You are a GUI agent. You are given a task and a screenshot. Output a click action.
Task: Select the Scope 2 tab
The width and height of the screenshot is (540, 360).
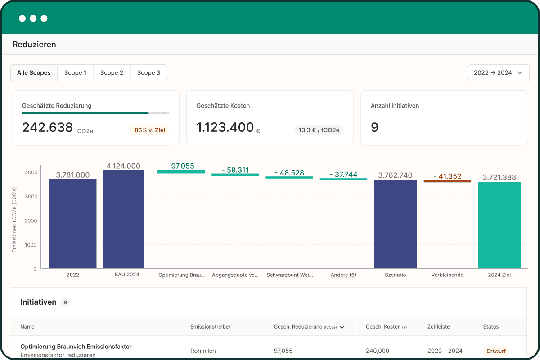click(x=112, y=72)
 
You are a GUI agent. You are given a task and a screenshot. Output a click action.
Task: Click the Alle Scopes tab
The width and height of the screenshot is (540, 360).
click(x=34, y=72)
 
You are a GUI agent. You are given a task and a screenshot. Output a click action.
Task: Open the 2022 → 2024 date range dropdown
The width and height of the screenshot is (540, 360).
click(x=499, y=72)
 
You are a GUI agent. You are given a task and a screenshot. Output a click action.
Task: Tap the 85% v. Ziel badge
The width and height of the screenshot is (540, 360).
click(x=150, y=130)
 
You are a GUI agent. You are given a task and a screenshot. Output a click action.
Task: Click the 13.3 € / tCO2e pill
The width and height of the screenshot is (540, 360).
click(x=319, y=130)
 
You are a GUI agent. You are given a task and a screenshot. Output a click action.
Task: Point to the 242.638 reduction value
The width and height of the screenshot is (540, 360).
click(x=48, y=127)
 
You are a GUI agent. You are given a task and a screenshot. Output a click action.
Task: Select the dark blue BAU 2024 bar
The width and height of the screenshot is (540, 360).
click(x=123, y=219)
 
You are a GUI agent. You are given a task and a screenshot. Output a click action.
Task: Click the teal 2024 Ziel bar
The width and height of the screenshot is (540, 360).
click(x=499, y=225)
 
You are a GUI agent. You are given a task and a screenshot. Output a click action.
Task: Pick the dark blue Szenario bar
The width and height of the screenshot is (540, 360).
click(x=396, y=224)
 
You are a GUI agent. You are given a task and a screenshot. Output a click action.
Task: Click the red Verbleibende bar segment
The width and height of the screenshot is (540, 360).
click(x=447, y=181)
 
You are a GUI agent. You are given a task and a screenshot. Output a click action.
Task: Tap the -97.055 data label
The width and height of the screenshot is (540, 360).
click(x=181, y=166)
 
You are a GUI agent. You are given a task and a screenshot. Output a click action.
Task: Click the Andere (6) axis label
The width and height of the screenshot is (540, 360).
click(x=343, y=274)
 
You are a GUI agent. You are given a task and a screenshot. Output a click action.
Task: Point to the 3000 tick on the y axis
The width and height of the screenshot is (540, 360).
click(x=31, y=197)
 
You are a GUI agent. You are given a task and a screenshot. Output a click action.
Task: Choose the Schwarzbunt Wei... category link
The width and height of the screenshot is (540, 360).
click(x=290, y=274)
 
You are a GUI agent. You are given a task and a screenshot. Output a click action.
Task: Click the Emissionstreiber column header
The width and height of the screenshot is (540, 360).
click(x=211, y=327)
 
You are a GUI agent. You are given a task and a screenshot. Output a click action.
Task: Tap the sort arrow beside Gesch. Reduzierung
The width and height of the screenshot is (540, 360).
click(x=342, y=327)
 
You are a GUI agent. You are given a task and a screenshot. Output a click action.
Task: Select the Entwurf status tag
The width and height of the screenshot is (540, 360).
click(x=496, y=351)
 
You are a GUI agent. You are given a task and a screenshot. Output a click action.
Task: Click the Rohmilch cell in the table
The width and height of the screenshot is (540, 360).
click(x=203, y=351)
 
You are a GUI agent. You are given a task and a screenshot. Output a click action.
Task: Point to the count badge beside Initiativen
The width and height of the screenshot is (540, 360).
click(x=65, y=302)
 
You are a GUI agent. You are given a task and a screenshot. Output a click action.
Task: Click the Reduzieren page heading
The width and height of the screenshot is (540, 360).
click(x=34, y=45)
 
